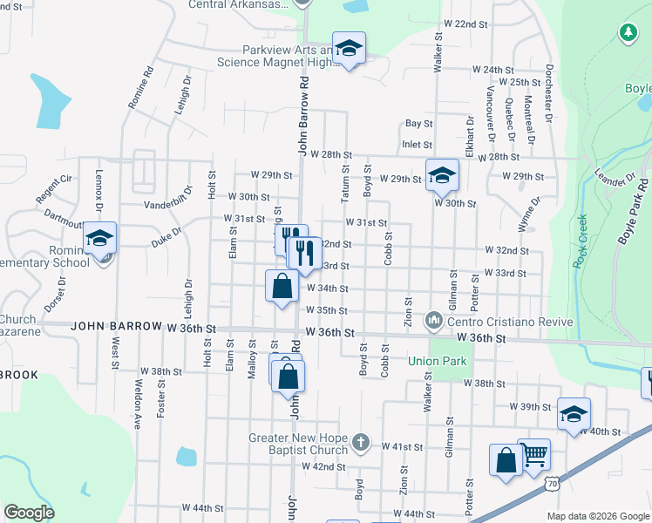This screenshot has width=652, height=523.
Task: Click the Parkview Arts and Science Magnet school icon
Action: click(x=349, y=48)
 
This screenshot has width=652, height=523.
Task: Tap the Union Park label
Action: click(x=437, y=361)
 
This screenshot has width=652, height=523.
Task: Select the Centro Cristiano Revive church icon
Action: click(x=434, y=322)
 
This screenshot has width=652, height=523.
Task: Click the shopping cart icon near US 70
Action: click(x=533, y=452)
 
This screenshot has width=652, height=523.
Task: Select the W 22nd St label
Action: click(x=465, y=24)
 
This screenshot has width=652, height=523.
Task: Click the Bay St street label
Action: click(x=418, y=125)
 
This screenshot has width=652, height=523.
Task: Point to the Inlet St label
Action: click(x=417, y=145)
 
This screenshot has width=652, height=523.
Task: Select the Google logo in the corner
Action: click(x=29, y=513)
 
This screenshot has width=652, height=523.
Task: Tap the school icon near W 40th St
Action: click(x=574, y=413)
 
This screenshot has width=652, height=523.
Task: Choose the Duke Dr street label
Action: click(x=165, y=233)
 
